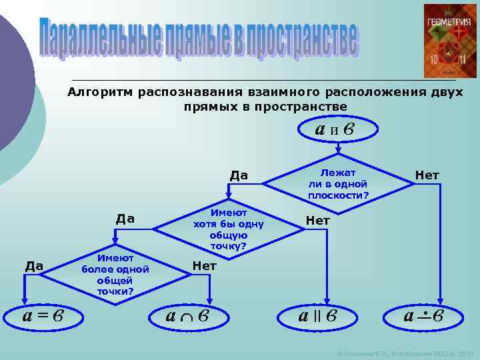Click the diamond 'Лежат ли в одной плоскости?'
point(338,180)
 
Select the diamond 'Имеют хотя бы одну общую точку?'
point(229,229)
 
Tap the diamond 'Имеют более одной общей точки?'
point(115,274)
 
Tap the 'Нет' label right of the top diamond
point(427,175)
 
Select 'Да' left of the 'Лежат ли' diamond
point(239,175)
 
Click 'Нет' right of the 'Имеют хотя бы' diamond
point(317,220)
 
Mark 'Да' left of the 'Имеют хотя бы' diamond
point(125,218)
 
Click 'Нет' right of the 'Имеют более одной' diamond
point(204,265)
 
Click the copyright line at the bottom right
point(405,351)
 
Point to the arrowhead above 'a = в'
point(24,299)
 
